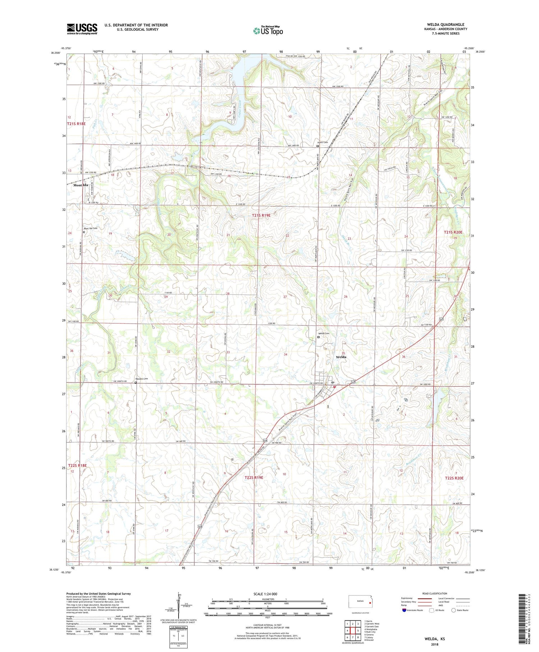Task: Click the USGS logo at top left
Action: point(82,29)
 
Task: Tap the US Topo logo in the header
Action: point(268,31)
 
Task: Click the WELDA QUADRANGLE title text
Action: point(446,24)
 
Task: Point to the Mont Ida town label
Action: point(80,185)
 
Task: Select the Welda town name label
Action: point(341,357)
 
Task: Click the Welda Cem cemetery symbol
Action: point(318,337)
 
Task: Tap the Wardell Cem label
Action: point(141,379)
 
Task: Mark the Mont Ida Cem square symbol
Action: point(84,232)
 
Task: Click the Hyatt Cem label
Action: point(322,142)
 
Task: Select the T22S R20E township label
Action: point(454,478)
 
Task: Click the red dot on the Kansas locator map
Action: point(370,603)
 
